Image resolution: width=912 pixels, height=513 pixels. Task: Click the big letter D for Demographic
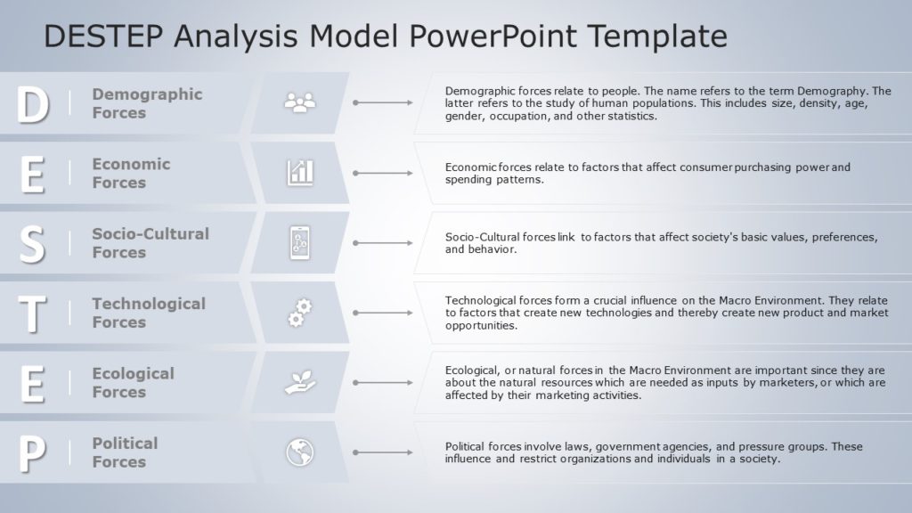click(33, 105)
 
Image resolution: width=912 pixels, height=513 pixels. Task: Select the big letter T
click(32, 313)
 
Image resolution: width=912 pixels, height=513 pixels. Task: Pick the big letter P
click(32, 453)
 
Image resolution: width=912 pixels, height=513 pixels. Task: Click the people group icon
click(300, 103)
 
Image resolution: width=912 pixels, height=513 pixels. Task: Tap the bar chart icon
click(300, 173)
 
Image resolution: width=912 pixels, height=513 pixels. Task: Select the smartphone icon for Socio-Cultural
click(300, 242)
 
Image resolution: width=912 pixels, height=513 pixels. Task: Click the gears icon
click(300, 313)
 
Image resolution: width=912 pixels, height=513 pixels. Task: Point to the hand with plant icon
click(300, 382)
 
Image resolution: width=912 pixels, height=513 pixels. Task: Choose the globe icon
click(300, 452)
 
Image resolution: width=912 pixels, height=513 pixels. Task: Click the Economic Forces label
click(131, 173)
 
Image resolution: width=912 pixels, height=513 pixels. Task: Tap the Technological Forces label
click(148, 313)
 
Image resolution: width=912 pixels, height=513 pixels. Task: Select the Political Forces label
click(125, 452)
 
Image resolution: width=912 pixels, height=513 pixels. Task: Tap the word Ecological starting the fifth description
click(473, 370)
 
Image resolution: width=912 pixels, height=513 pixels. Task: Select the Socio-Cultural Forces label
click(150, 242)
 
